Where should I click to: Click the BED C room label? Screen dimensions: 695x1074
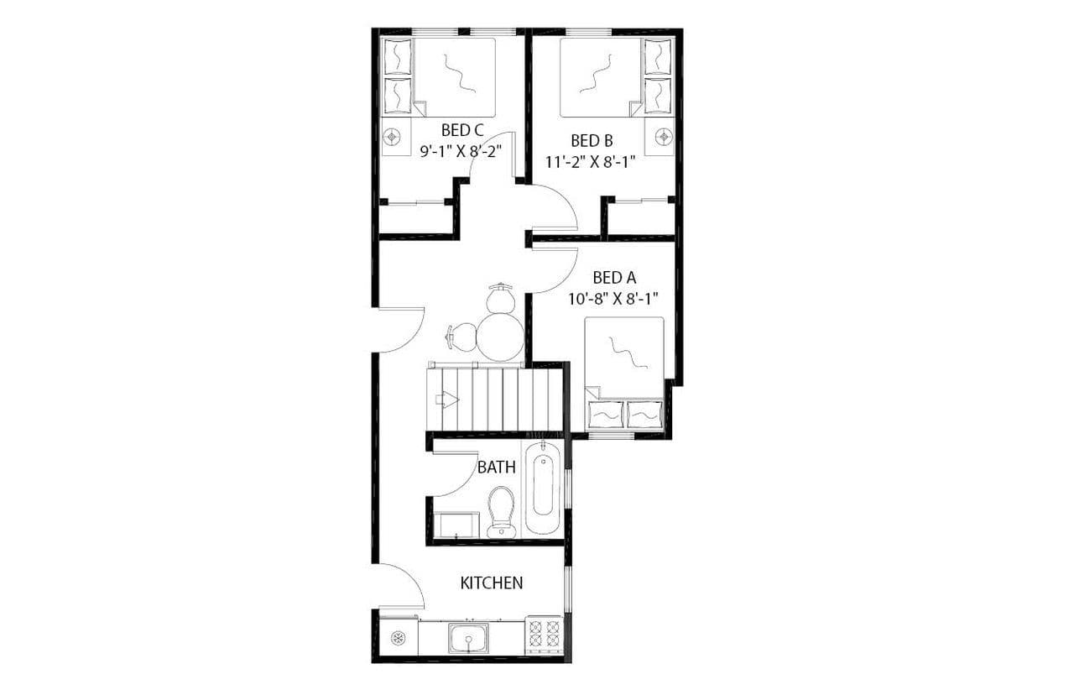[x=462, y=130]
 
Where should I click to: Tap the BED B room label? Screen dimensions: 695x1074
[x=591, y=140]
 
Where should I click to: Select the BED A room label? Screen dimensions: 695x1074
[x=613, y=277]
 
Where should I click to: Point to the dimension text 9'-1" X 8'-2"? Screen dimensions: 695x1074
[x=461, y=151]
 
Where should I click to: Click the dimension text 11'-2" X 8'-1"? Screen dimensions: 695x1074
[x=590, y=162]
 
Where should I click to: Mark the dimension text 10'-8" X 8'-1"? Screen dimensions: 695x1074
[x=613, y=298]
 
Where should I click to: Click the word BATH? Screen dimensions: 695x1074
[x=496, y=468]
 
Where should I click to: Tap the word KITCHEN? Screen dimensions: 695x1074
[x=492, y=583]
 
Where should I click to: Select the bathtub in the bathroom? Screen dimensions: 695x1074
[x=544, y=490]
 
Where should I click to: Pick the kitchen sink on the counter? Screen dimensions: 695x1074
[x=470, y=639]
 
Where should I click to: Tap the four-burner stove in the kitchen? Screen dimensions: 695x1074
[x=544, y=635]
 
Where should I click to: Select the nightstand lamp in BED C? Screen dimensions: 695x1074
[x=392, y=137]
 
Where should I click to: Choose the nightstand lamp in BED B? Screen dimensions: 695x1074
[x=664, y=135]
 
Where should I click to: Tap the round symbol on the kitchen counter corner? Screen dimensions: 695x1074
[x=399, y=638]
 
